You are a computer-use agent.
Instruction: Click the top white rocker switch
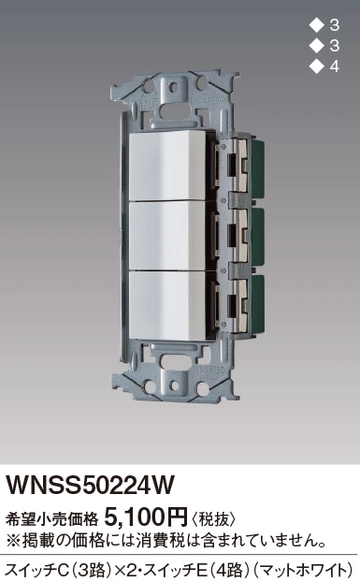(x=167, y=166)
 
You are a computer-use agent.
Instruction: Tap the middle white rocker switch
(x=167, y=235)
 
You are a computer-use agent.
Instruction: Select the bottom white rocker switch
(x=167, y=305)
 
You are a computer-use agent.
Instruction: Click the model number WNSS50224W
(x=91, y=485)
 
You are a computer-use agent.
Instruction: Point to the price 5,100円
(x=147, y=517)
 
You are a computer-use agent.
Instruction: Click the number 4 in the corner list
(x=334, y=66)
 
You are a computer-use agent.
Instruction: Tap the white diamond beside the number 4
(x=317, y=66)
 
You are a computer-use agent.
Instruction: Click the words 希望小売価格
(x=52, y=519)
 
